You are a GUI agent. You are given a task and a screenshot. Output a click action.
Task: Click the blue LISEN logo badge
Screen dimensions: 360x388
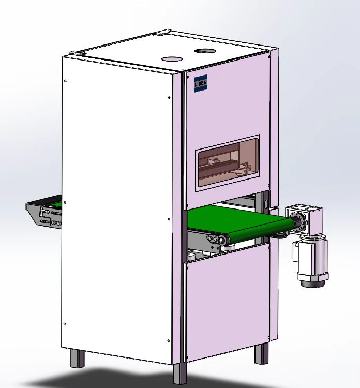[201, 83]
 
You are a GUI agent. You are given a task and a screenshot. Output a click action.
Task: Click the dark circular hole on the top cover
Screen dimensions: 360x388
[205, 51]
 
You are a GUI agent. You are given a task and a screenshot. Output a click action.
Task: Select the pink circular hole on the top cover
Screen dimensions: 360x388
[172, 59]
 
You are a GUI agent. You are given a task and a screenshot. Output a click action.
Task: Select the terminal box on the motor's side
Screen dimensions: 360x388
[294, 250]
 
